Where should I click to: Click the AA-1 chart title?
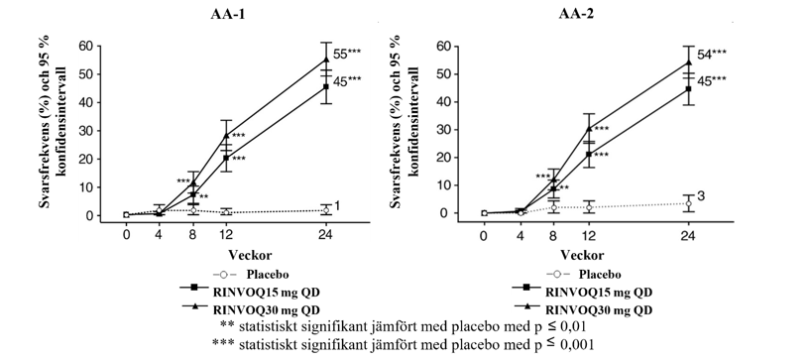(x=227, y=15)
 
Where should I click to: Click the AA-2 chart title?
(x=576, y=15)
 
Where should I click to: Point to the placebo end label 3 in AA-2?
(x=702, y=195)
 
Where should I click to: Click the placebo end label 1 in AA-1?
(x=337, y=206)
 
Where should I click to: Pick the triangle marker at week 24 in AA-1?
(x=325, y=60)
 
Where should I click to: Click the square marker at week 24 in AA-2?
(x=688, y=89)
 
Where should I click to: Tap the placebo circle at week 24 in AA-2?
(x=688, y=203)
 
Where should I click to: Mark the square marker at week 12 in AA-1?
(x=226, y=158)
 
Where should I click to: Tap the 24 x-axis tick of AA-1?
(x=325, y=235)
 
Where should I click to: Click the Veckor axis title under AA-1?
(x=251, y=255)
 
